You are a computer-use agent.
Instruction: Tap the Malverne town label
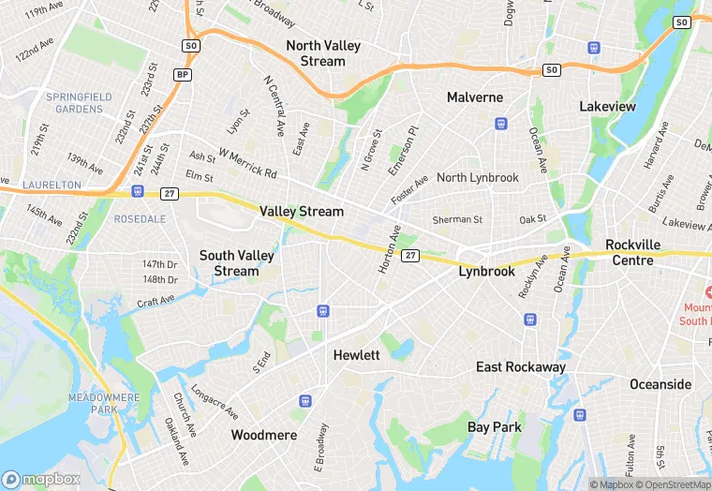474,97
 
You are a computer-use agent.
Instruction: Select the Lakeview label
607,107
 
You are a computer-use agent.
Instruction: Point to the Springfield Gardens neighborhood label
80,102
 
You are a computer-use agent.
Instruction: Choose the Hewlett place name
357,355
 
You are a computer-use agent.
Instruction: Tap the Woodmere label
264,435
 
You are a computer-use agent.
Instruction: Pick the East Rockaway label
520,366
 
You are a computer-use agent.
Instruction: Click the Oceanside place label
660,384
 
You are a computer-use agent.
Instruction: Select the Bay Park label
494,427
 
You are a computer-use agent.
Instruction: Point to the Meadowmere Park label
105,404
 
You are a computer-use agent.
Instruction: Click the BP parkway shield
184,74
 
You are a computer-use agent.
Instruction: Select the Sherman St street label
457,220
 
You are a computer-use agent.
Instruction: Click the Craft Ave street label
156,301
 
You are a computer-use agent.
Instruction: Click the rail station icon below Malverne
501,123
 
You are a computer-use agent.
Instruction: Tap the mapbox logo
41,479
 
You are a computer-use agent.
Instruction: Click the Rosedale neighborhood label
140,218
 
